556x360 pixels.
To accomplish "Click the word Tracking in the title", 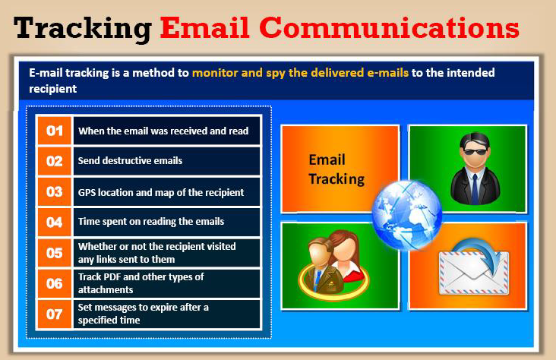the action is pos(83,29).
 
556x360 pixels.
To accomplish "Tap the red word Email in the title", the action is pos(205,27).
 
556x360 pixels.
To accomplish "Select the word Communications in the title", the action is pos(390,27).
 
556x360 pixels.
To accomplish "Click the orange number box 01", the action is pos(55,131).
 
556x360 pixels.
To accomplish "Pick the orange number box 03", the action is pos(55,192).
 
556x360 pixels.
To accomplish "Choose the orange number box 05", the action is pos(55,253).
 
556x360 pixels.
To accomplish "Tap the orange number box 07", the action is pos(55,314).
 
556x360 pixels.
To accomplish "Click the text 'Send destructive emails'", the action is pos(130,161).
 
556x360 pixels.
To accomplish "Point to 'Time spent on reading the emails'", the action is pos(151,222).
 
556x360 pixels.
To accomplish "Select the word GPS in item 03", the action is pos(87,192).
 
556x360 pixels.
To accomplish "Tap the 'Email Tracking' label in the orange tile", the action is pos(336,169).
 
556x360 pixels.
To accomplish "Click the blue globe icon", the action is pos(407,215).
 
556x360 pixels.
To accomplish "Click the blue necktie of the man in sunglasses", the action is pos(475,188).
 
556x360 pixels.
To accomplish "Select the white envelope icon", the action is pos(474,273).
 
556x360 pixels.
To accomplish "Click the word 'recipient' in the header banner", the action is pos(53,89).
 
